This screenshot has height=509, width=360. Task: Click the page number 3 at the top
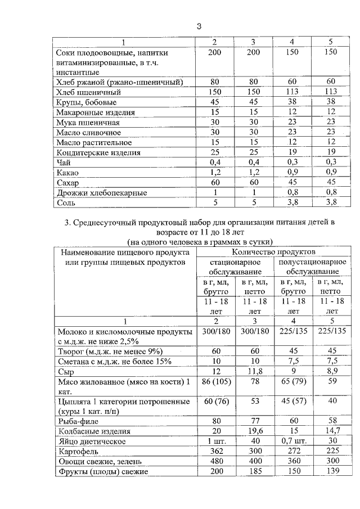(199, 25)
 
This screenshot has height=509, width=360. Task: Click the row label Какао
(68, 173)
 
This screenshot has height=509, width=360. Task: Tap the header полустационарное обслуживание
(312, 267)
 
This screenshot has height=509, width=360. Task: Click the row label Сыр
(66, 372)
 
